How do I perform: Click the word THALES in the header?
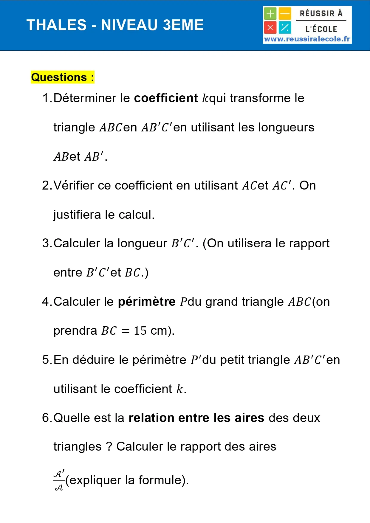pos(57,25)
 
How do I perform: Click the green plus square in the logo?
pos(270,14)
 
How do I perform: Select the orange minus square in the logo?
pos(285,14)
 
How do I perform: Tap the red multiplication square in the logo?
pos(270,28)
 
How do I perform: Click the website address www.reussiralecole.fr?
pos(307,39)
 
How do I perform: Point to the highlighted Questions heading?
pos(63,77)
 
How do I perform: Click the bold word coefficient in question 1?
pos(166,98)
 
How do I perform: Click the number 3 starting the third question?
pos(46,243)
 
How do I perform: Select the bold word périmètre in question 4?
pos(147,302)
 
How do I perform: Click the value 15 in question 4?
pos(140,331)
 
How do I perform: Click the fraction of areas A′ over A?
pos(59,480)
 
